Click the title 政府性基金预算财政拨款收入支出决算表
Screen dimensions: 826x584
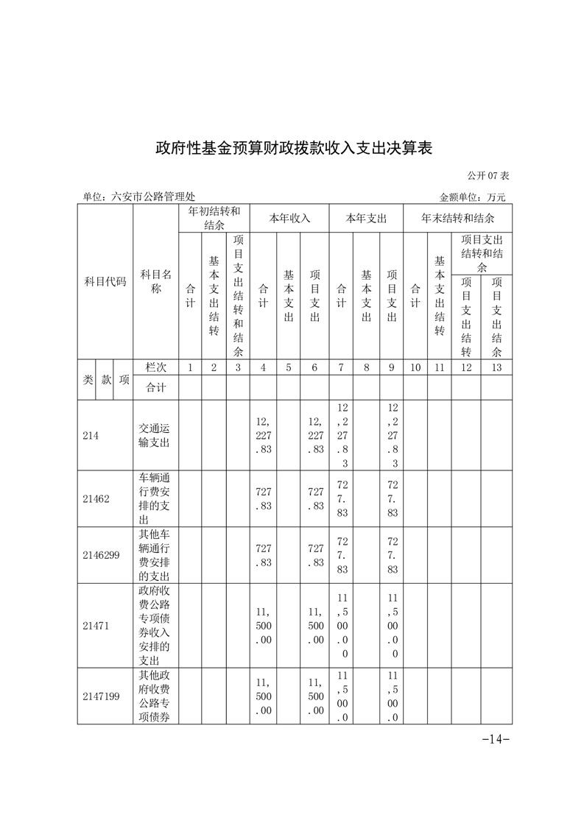point(292,148)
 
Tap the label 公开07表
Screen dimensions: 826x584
point(488,176)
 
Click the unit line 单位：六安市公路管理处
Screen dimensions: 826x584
point(139,197)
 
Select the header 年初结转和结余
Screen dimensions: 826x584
point(214,218)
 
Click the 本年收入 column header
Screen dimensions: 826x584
point(289,218)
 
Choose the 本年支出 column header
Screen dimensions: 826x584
point(366,218)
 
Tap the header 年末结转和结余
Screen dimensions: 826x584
point(457,218)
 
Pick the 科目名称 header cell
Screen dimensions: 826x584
point(155,281)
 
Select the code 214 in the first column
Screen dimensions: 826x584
point(91,435)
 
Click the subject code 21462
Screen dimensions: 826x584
point(96,498)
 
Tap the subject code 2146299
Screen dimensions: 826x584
point(102,555)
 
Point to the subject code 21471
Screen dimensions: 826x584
point(96,626)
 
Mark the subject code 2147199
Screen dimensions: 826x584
point(102,696)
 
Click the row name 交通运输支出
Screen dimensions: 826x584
point(155,435)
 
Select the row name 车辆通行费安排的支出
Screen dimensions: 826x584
point(155,498)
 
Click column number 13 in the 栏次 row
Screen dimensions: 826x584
point(496,367)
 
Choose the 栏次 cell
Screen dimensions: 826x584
point(155,367)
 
